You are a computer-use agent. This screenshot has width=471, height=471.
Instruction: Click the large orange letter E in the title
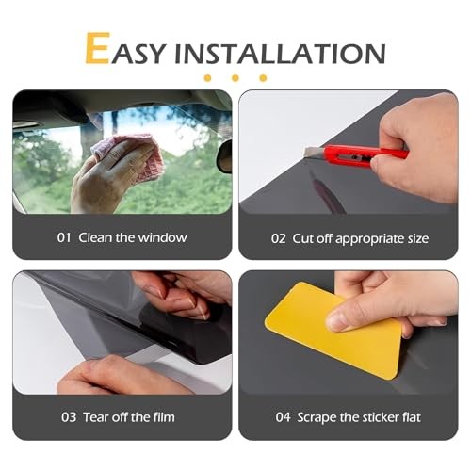point(98,48)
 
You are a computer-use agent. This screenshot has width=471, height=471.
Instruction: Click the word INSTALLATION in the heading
point(280,53)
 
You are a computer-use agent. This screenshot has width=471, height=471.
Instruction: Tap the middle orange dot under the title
point(235,78)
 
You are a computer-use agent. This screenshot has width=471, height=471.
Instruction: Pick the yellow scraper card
point(333,330)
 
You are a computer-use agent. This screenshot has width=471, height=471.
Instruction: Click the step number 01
point(64,237)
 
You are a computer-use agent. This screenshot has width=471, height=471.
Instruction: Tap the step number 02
point(278,238)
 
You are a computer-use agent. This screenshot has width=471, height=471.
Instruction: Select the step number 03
point(69,417)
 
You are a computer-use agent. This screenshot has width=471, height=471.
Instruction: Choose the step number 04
point(283,417)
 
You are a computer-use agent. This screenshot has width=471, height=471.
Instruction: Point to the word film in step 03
point(164,417)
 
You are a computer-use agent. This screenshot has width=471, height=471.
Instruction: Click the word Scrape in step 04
point(317,418)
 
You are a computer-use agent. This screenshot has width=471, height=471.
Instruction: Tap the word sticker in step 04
point(382,417)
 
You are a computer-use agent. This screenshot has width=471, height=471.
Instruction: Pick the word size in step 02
point(418,239)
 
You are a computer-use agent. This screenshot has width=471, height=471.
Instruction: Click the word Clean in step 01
point(95,237)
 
